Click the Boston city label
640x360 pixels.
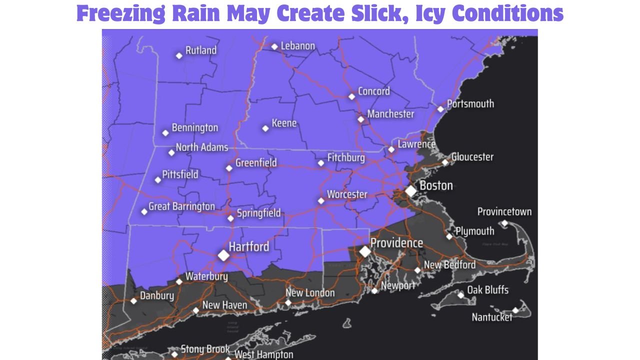pos(436,185)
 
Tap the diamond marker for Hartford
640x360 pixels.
pos(223,255)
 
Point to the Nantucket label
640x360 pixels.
pos(492,317)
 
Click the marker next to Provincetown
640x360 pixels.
pos(504,223)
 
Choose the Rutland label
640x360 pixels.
pos(201,50)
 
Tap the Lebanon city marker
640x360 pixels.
pos(274,47)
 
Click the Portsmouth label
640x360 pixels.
pos(470,104)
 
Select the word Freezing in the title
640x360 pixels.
pos(120,13)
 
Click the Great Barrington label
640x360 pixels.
pos(182,206)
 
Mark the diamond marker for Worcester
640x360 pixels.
pos(321,201)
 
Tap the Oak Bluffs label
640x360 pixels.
pos(487,290)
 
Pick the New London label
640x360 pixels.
pos(310,293)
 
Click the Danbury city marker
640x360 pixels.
pos(133,301)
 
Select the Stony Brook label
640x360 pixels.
pos(205,349)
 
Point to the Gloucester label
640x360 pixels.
pos(472,157)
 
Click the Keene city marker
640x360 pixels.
pos(265,128)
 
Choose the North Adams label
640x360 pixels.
pos(202,147)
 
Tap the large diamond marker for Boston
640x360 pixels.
pos(410,191)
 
